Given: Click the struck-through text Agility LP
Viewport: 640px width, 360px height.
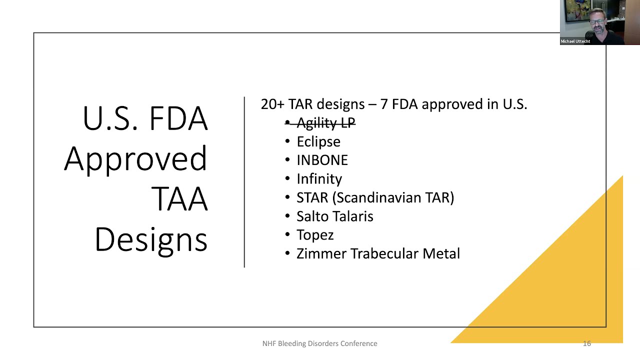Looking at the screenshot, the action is click(x=325, y=123).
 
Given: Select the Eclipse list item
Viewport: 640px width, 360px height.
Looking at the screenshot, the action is click(x=318, y=142).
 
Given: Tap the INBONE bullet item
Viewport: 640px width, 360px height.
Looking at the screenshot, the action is click(x=322, y=160).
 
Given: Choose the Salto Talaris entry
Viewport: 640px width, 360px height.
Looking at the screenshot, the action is click(x=335, y=216).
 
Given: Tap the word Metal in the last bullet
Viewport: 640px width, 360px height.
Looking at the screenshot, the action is click(x=441, y=253).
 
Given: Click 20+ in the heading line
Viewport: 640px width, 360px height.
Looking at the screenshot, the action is click(x=272, y=104).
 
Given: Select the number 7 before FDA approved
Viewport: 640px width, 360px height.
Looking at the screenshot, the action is click(x=383, y=104).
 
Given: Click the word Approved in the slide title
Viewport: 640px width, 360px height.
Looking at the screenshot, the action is click(x=135, y=159).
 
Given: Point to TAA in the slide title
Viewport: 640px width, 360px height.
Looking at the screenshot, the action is click(x=179, y=199).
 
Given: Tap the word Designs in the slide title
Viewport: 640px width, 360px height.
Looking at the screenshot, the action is click(x=151, y=240).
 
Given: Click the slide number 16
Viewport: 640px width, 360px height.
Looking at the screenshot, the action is click(x=587, y=343).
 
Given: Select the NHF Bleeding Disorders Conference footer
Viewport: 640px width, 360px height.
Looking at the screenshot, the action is click(x=319, y=343).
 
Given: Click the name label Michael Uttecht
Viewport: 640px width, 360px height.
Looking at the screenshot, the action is click(x=575, y=41).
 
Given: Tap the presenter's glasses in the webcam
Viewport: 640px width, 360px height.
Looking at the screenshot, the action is click(x=596, y=21).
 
